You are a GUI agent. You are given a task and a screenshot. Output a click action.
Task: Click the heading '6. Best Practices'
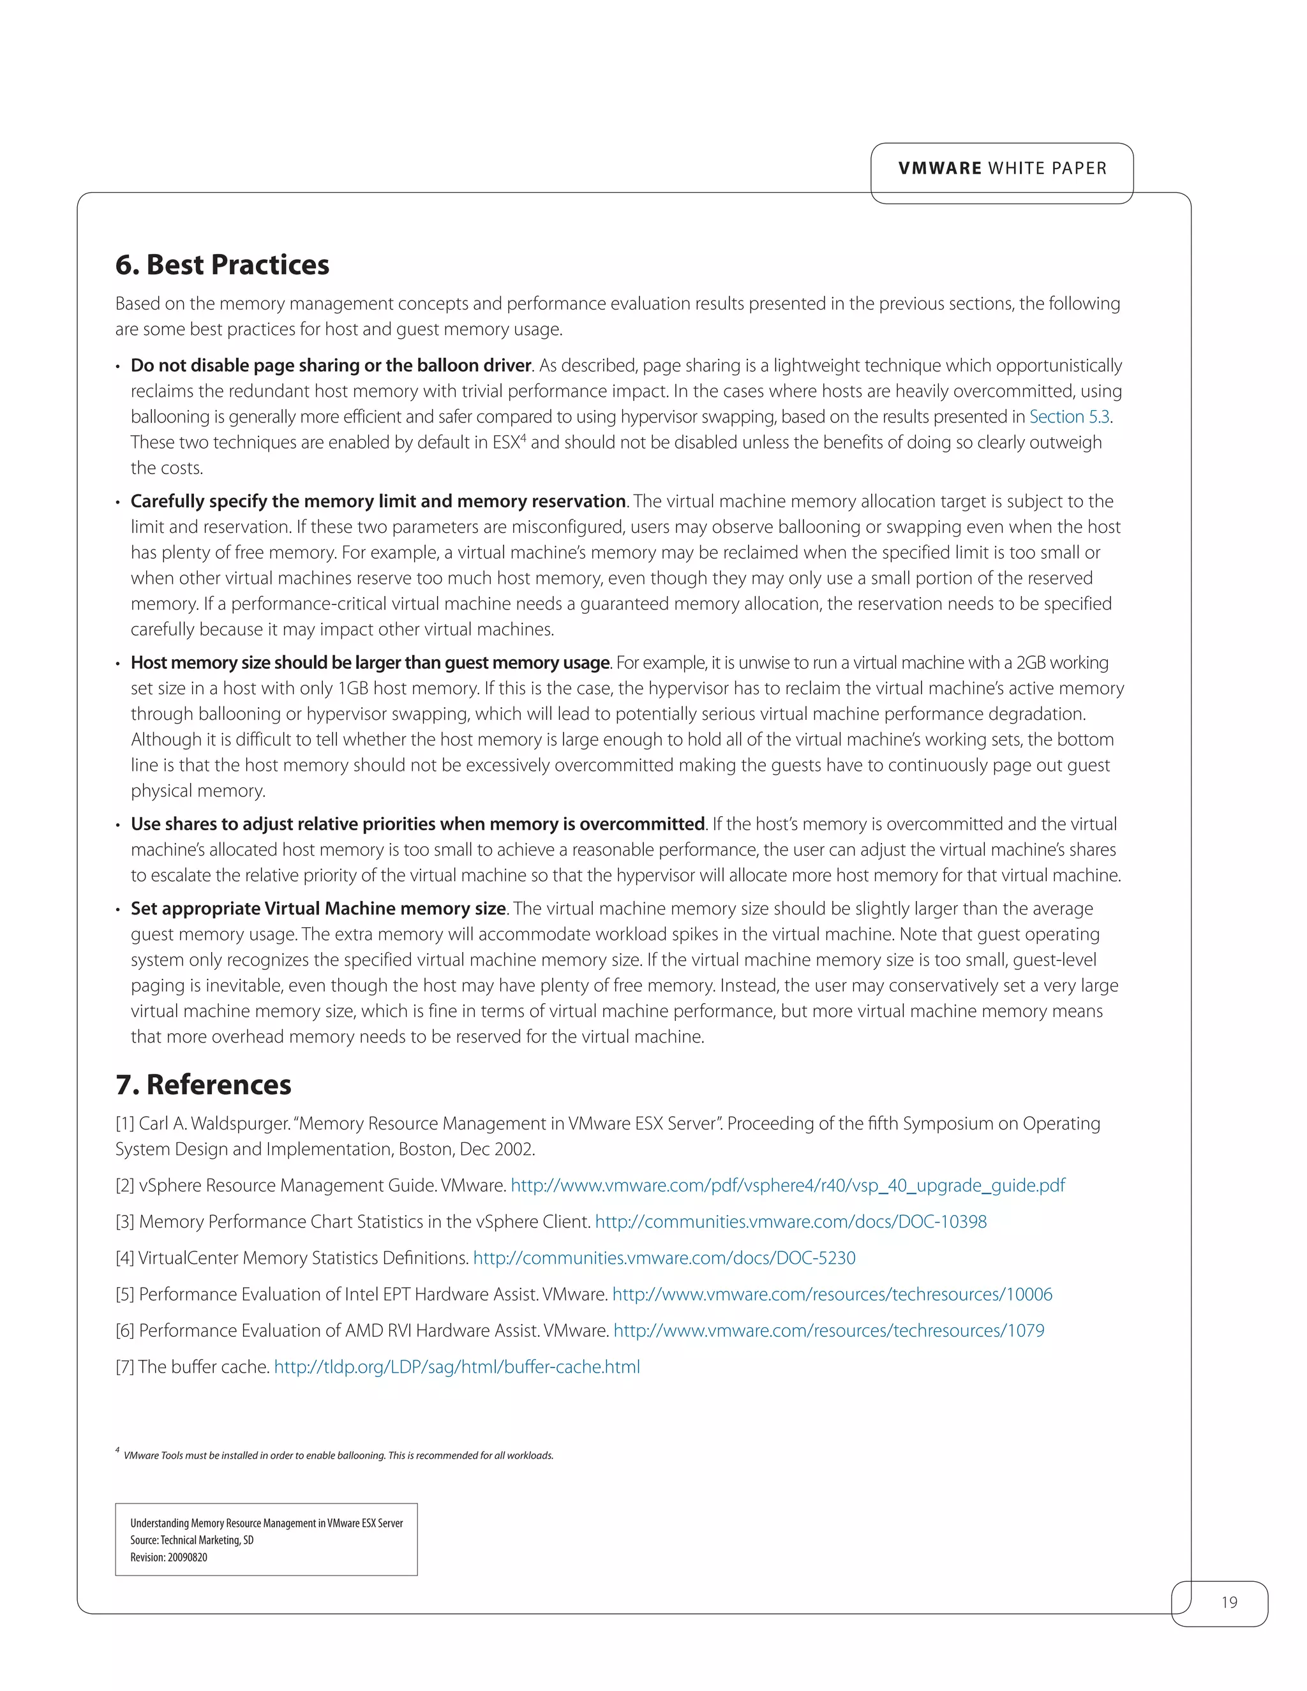[x=222, y=265]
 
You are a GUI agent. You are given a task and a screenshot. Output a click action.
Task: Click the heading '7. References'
[x=204, y=1085]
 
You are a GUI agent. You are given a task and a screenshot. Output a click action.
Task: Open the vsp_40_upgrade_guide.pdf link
[x=788, y=1186]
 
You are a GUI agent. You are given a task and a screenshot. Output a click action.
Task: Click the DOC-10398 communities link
[x=791, y=1222]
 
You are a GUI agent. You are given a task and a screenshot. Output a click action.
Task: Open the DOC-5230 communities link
[x=664, y=1258]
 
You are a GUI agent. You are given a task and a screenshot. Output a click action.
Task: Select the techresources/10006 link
[x=832, y=1295]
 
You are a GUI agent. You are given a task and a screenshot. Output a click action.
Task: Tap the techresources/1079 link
[x=828, y=1331]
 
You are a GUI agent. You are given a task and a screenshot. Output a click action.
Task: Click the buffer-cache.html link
[x=457, y=1367]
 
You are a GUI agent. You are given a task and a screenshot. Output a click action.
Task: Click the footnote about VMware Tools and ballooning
[x=338, y=1456]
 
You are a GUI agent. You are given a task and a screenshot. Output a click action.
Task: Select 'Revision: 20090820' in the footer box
[x=168, y=1557]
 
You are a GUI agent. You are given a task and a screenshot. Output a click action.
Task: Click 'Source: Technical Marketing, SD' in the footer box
[x=192, y=1540]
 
